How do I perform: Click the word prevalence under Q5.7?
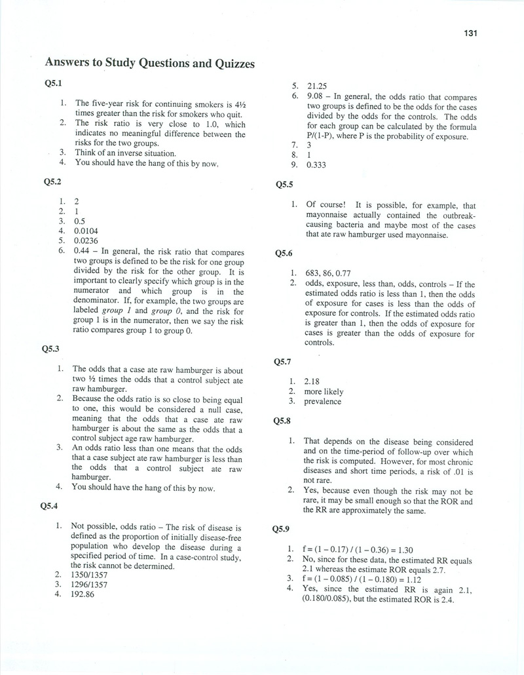(x=323, y=401)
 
